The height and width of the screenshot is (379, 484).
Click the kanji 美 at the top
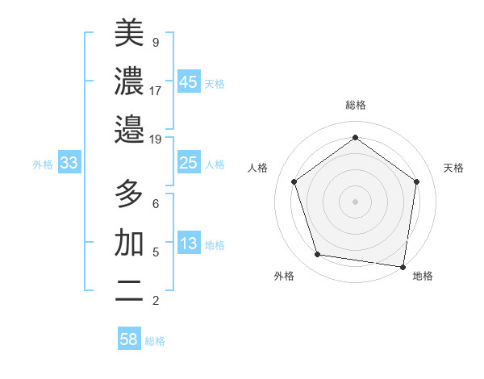tap(129, 33)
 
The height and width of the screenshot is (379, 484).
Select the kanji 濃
tap(129, 81)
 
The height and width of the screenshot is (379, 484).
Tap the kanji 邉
tap(129, 129)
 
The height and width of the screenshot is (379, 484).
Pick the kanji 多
tap(129, 194)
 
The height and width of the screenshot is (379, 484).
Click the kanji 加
tap(129, 243)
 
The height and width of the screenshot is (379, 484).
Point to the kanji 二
tap(129, 291)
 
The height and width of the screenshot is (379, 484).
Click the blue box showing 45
tap(188, 82)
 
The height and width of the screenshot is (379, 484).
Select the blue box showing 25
tap(188, 163)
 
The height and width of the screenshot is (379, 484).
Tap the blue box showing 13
tap(188, 244)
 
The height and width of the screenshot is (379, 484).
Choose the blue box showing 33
tap(69, 163)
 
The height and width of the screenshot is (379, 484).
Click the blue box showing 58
tap(129, 339)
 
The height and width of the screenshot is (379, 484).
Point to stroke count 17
tap(156, 90)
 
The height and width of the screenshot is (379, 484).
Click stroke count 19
tap(156, 140)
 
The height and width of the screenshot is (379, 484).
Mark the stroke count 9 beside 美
tap(156, 42)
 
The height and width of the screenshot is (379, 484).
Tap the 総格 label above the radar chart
tap(356, 105)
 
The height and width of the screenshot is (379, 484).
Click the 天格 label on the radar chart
tap(453, 168)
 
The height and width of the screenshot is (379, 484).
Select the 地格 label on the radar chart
tap(423, 276)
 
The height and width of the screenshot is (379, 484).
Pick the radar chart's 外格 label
tap(284, 276)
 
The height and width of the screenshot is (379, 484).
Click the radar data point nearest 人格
tap(294, 182)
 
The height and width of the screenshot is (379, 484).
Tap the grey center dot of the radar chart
tap(356, 201)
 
